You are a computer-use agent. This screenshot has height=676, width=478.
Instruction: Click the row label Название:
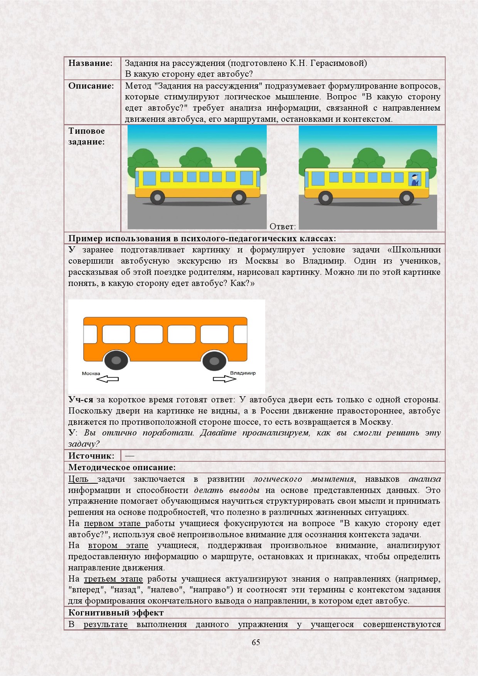pos(91,63)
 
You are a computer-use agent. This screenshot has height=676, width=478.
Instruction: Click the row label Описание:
pos(91,86)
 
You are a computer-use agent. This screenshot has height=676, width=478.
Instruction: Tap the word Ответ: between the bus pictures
pos(283,227)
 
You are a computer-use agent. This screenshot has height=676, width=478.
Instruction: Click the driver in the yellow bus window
pos(414,180)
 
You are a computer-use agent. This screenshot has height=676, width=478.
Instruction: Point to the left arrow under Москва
pos(108,379)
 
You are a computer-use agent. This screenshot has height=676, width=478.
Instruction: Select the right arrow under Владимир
pos(224,379)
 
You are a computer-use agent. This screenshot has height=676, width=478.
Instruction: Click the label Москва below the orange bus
pos(91,373)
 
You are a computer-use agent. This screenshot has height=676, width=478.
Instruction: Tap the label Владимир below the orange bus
pos(242,373)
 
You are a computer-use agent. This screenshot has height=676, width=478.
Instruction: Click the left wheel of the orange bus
pos(116,361)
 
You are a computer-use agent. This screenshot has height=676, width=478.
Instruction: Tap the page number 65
pos(256,642)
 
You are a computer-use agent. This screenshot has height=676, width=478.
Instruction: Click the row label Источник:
pos(91,456)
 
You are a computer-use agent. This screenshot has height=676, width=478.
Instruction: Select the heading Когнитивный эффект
pos(116,613)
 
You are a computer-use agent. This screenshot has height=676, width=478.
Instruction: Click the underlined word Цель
pos(78,479)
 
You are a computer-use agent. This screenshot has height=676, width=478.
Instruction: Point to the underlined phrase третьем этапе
pos(113,579)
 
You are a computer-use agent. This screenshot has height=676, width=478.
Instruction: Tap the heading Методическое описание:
pos(122,467)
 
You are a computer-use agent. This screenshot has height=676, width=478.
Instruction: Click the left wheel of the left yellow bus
pos(157,198)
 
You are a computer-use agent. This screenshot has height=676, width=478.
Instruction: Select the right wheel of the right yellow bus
pos(406,198)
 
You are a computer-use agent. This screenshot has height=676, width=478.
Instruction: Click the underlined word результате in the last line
pos(105,624)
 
